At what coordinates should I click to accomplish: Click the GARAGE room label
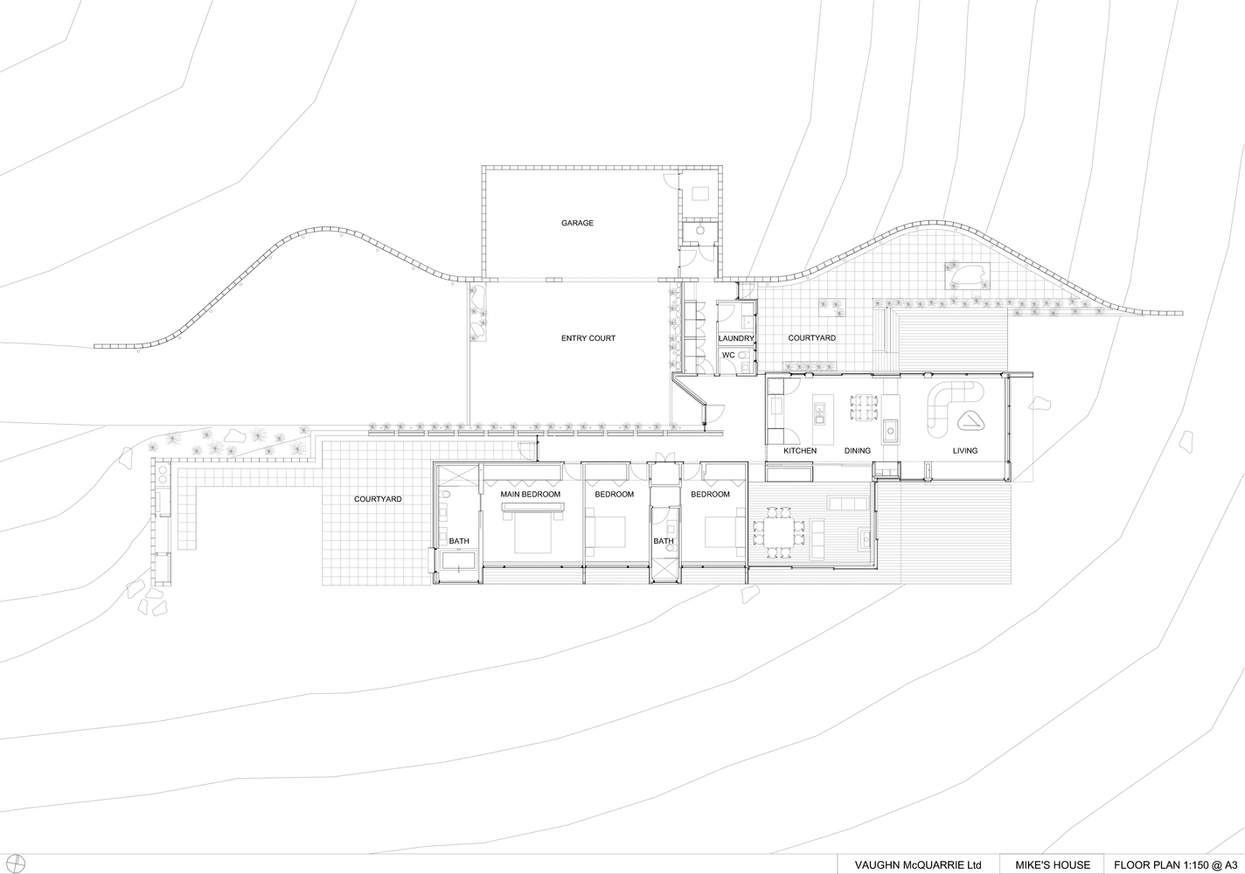[x=577, y=223]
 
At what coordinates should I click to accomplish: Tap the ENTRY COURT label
[x=588, y=338]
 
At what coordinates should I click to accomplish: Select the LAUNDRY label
[x=736, y=338]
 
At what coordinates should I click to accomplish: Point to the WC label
[x=728, y=355]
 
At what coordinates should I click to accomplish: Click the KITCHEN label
[x=800, y=451]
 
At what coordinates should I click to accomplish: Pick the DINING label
[x=857, y=451]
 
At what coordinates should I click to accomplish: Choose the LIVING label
[x=965, y=451]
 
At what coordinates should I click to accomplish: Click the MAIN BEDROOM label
[x=530, y=494]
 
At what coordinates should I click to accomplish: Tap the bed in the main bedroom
[x=532, y=532]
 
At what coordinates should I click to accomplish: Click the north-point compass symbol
[x=17, y=864]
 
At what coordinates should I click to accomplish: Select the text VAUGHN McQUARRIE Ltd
[x=918, y=865]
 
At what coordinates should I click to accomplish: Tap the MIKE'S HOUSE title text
[x=1053, y=865]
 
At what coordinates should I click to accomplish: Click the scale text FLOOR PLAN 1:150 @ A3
[x=1173, y=865]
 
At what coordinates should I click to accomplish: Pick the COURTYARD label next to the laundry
[x=811, y=338]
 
